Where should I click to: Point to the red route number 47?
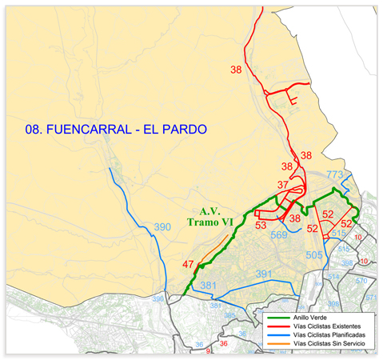188,265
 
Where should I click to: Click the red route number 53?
261,226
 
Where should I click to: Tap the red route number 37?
282,185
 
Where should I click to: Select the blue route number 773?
334,174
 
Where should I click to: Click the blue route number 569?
279,235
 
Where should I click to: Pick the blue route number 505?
314,255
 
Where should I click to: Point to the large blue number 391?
264,274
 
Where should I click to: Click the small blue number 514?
333,277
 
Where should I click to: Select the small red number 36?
224,343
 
